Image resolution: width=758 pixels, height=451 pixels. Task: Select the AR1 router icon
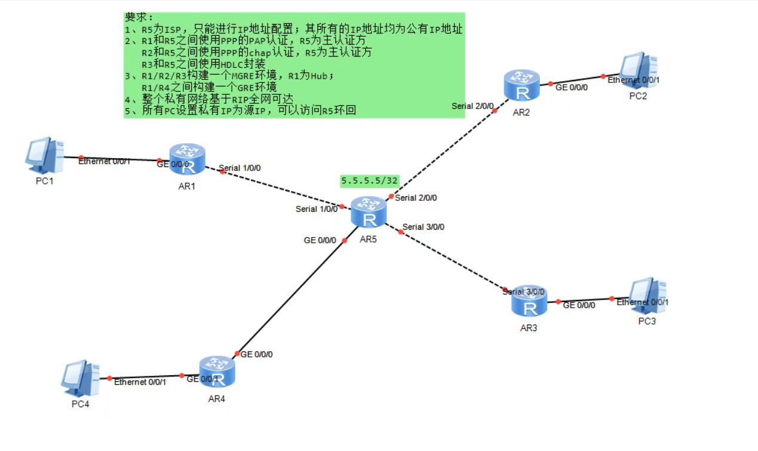188,159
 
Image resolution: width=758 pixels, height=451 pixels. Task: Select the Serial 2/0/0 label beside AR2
472,106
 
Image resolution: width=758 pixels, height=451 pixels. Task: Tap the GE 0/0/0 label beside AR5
320,240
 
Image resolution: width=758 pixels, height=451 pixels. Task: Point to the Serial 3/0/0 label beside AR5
424,227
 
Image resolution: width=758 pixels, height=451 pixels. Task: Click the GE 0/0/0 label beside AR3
579,305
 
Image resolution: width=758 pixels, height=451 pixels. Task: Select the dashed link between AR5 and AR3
454,261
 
